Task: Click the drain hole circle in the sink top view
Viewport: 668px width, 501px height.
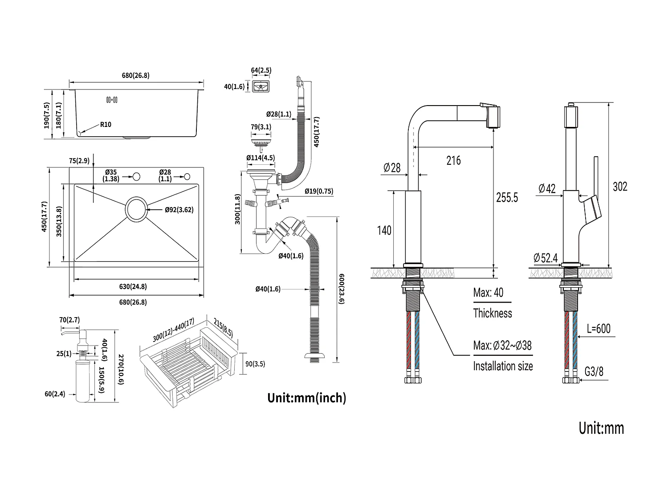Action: (136, 209)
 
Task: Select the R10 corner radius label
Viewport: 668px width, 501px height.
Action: (106, 125)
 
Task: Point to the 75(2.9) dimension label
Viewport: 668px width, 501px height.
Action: (80, 161)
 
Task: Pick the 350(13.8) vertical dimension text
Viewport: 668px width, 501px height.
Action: (59, 221)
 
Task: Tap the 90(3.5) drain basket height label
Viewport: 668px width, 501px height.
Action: (255, 364)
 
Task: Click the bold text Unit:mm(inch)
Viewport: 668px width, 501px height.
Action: (306, 398)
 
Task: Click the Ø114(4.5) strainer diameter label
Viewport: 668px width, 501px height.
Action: (261, 158)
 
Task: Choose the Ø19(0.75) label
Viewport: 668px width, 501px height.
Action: (319, 191)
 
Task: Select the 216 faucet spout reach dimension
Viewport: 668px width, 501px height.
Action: (453, 160)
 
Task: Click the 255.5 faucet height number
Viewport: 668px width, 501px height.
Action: (507, 197)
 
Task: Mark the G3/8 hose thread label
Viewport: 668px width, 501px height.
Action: (594, 371)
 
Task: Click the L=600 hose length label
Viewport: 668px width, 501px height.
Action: (598, 329)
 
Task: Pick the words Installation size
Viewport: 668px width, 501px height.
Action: (503, 366)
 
